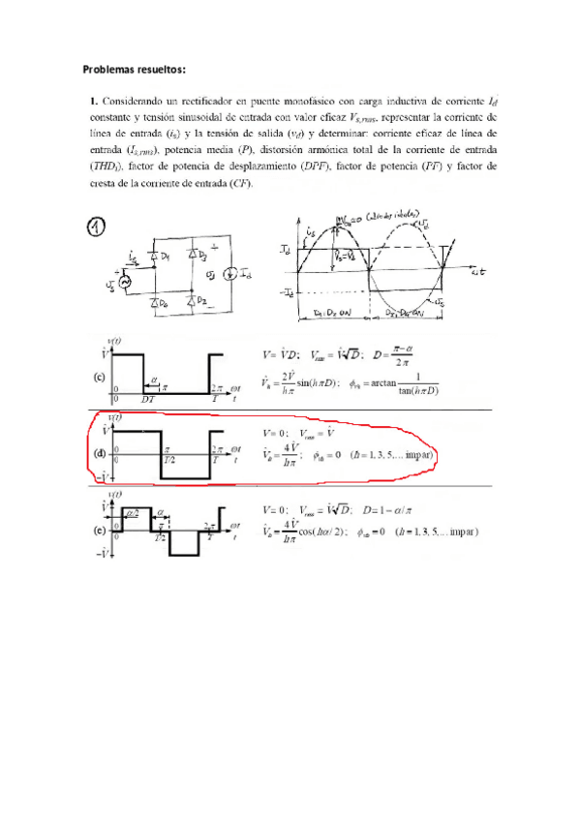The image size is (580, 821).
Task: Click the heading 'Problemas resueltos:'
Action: pos(133,69)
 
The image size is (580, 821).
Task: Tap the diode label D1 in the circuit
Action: pos(167,257)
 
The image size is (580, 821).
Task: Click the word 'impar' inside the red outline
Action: pos(413,454)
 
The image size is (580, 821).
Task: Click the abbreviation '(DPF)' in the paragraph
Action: pos(345,167)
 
